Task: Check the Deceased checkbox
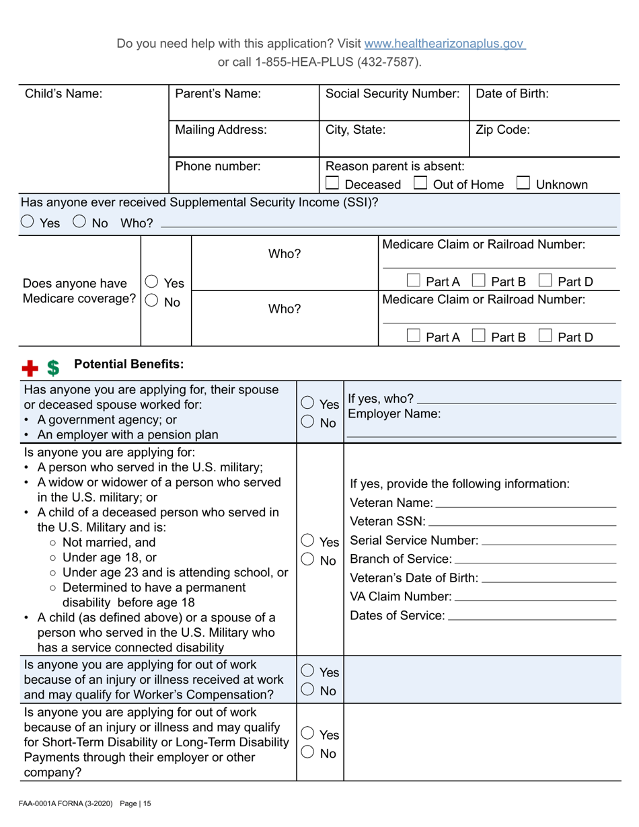point(332,184)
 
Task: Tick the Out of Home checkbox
point(420,184)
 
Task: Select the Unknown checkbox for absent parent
point(524,184)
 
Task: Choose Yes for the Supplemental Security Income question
point(29,223)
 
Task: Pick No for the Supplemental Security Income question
point(79,223)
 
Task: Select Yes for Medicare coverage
point(152,283)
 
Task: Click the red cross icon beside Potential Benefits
point(30,367)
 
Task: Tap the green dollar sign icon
point(53,367)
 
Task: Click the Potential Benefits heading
point(128,364)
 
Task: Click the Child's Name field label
point(63,94)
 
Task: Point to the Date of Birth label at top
point(512,94)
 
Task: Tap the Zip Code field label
point(502,130)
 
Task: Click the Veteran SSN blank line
point(522,522)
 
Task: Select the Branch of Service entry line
point(535,559)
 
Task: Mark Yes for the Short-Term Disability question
point(307,734)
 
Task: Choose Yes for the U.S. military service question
point(307,541)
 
